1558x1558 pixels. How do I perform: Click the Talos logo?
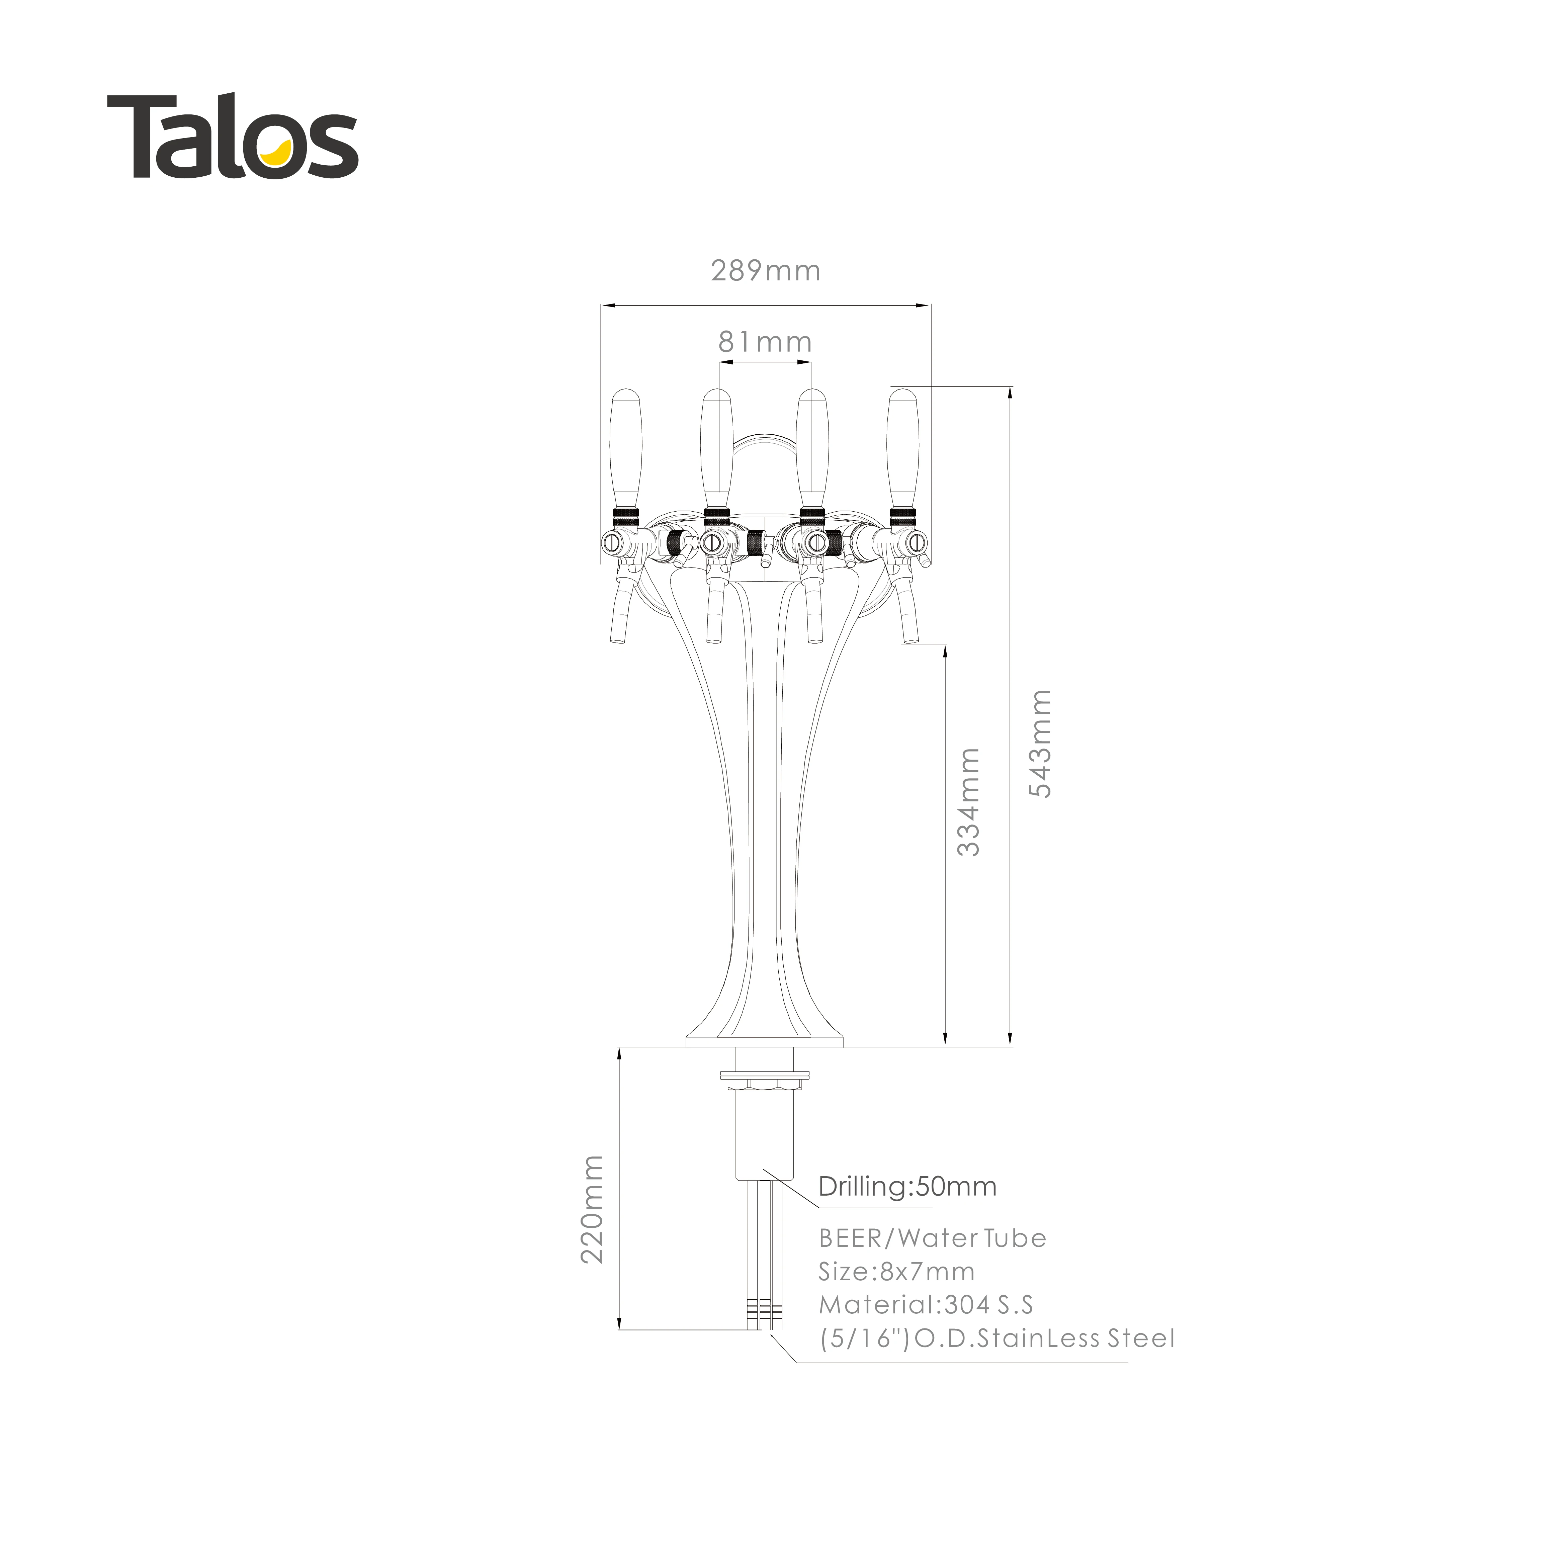[232, 137]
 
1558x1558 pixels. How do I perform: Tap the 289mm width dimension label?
[765, 271]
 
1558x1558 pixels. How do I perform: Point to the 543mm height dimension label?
[1041, 744]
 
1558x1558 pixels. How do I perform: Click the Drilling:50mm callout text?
[907, 1186]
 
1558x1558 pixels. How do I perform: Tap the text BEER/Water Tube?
[932, 1238]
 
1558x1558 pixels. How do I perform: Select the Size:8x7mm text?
[896, 1272]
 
